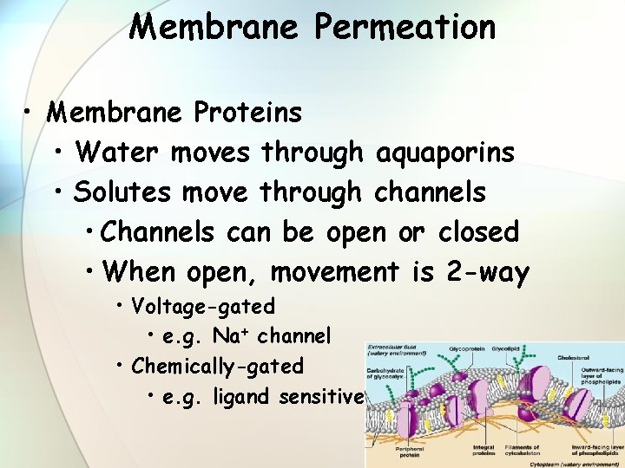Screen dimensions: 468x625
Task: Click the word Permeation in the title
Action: [x=405, y=27]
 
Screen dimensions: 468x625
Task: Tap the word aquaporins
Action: [x=445, y=153]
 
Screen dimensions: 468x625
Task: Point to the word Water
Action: [x=117, y=153]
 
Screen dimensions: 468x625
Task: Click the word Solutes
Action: [x=122, y=192]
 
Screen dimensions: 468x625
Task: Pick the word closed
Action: [x=478, y=232]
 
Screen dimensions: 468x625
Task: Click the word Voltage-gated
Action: [x=203, y=306]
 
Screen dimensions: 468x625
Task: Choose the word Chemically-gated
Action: [x=218, y=366]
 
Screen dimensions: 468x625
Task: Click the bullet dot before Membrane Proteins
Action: [x=30, y=113]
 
